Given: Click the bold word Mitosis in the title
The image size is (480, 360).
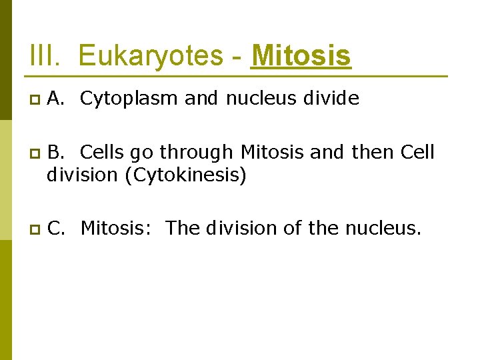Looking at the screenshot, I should click(x=301, y=56).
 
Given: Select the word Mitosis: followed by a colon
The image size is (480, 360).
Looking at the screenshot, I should click(x=117, y=228).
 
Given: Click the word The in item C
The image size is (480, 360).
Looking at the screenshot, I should click(x=182, y=228).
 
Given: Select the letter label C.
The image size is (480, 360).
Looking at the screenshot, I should click(x=57, y=228).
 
